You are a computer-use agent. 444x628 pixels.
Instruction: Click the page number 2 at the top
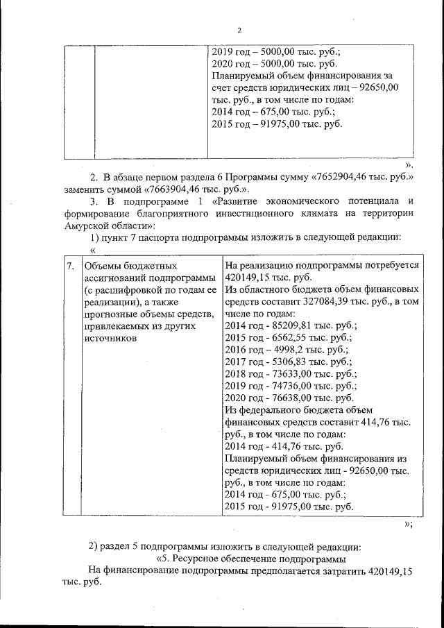pyautogui.click(x=239, y=30)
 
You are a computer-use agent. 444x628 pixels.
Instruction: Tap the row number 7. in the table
pyautogui.click(x=70, y=266)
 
